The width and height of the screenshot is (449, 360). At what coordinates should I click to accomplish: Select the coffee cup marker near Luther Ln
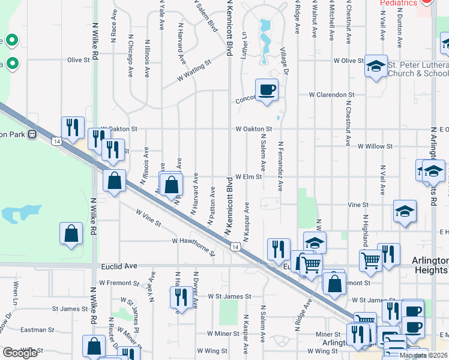point(267,90)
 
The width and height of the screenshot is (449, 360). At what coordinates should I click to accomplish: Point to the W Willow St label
point(375,146)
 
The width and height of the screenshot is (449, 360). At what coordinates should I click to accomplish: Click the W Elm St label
point(249,177)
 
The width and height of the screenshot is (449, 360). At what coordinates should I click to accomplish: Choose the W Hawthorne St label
point(193,246)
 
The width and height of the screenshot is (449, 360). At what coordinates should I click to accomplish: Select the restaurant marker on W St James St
point(179,298)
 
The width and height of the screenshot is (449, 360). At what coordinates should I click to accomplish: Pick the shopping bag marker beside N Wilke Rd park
point(71,235)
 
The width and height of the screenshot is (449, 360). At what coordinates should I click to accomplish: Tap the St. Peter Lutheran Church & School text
point(418,69)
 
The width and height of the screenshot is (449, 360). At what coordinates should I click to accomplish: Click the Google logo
point(20,353)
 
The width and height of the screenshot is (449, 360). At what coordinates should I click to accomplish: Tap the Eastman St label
point(38,330)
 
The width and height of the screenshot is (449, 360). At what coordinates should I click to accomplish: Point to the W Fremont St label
point(119,282)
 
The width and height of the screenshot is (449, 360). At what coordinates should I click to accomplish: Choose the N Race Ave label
point(113,24)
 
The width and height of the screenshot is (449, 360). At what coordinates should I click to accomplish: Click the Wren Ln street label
point(14,293)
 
